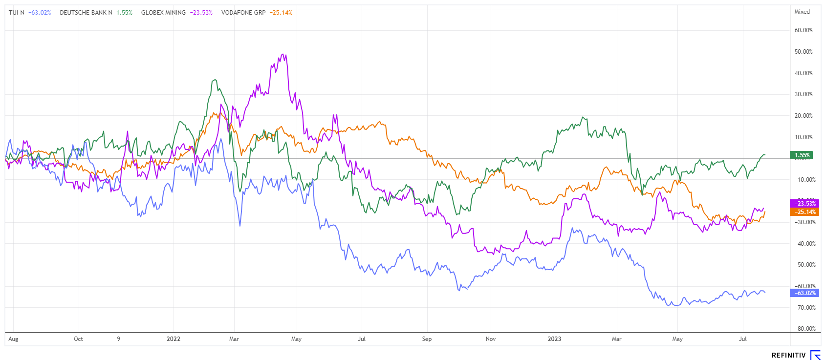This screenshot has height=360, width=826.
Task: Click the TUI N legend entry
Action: (x=16, y=13)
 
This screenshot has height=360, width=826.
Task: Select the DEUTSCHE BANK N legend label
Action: (x=86, y=13)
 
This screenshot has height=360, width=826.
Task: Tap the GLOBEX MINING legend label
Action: (x=163, y=13)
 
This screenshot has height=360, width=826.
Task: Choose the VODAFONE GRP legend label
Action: (x=243, y=13)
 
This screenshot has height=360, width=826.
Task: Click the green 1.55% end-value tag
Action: (x=802, y=155)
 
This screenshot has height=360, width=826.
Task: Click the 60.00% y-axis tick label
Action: (x=804, y=30)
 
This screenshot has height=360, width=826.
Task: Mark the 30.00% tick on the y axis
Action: (x=804, y=94)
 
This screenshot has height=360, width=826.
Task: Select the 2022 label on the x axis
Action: (x=174, y=339)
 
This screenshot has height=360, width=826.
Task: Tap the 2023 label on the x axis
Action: (x=554, y=339)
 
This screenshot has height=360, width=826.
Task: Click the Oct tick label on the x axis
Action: (x=78, y=339)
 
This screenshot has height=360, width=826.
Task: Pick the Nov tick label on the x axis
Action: (x=491, y=339)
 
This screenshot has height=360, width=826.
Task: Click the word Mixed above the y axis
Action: (x=802, y=12)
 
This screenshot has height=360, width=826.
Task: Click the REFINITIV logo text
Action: (x=789, y=355)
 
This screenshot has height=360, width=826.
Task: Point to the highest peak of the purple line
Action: (x=284, y=54)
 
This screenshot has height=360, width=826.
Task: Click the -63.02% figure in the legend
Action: (x=40, y=13)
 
